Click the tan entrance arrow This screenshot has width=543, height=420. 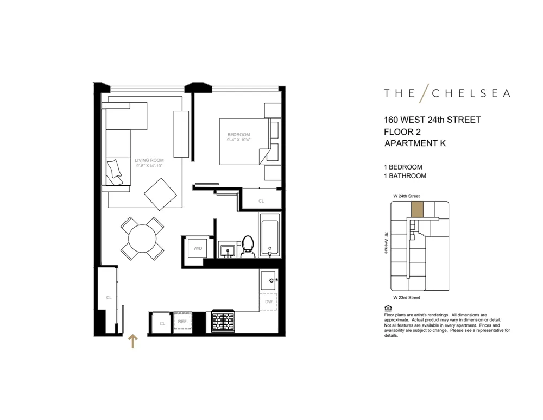pos(132,341)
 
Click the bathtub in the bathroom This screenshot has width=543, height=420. pos(269,236)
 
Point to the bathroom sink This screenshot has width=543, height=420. pos(228,250)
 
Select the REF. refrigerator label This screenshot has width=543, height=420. pos(182,322)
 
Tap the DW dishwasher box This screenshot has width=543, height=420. pos(268,302)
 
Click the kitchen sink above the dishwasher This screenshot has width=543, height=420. pos(268,280)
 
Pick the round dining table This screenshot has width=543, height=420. pos(142,238)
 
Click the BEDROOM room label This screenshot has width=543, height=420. pos(238,135)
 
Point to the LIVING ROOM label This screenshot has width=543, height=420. pos(149,160)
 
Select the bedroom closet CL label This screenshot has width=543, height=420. pos(261,201)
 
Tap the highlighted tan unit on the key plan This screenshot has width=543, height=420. pos(416,210)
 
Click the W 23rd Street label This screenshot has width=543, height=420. pos(406,298)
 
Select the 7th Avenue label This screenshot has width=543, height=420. pos(386,243)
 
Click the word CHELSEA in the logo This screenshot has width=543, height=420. pos(471,93)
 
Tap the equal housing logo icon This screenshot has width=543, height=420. pos(387,308)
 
